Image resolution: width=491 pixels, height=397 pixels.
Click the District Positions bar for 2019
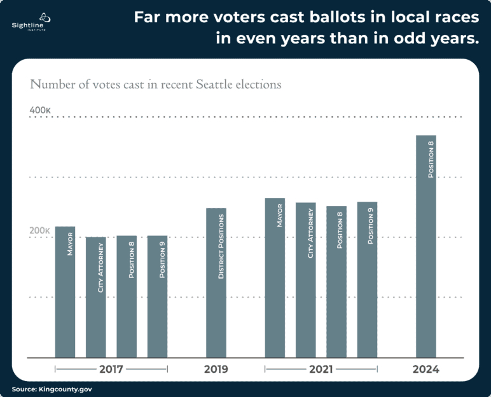click(216, 282)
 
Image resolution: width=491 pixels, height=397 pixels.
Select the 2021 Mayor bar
click(275, 277)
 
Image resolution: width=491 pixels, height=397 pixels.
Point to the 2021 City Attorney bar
click(306, 280)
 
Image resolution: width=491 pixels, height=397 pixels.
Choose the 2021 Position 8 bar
click(336, 281)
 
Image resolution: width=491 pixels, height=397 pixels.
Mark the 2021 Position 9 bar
click(367, 279)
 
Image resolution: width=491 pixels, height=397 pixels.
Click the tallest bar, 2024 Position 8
click(426, 246)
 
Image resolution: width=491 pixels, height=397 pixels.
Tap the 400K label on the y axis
click(40, 110)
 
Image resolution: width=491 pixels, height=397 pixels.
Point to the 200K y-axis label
click(40, 230)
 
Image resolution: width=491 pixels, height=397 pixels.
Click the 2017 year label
click(111, 369)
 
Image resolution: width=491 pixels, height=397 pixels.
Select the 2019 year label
click(216, 369)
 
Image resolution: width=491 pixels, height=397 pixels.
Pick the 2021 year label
click(321, 369)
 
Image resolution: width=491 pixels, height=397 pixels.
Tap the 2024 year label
click(426, 369)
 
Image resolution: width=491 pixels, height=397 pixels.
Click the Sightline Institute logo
click(29, 21)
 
